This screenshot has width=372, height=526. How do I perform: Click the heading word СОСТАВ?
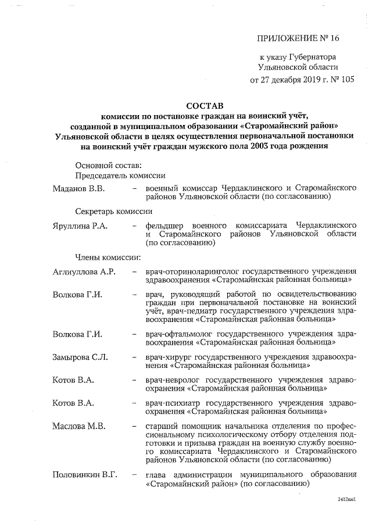(x=204, y=106)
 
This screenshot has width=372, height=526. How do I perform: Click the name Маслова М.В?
(x=78, y=426)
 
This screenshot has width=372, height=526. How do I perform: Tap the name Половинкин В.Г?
(x=85, y=474)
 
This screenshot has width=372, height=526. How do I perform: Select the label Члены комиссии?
(x=107, y=257)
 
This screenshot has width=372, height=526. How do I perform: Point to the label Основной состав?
(x=108, y=166)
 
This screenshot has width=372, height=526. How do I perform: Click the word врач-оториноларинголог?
(x=192, y=271)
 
